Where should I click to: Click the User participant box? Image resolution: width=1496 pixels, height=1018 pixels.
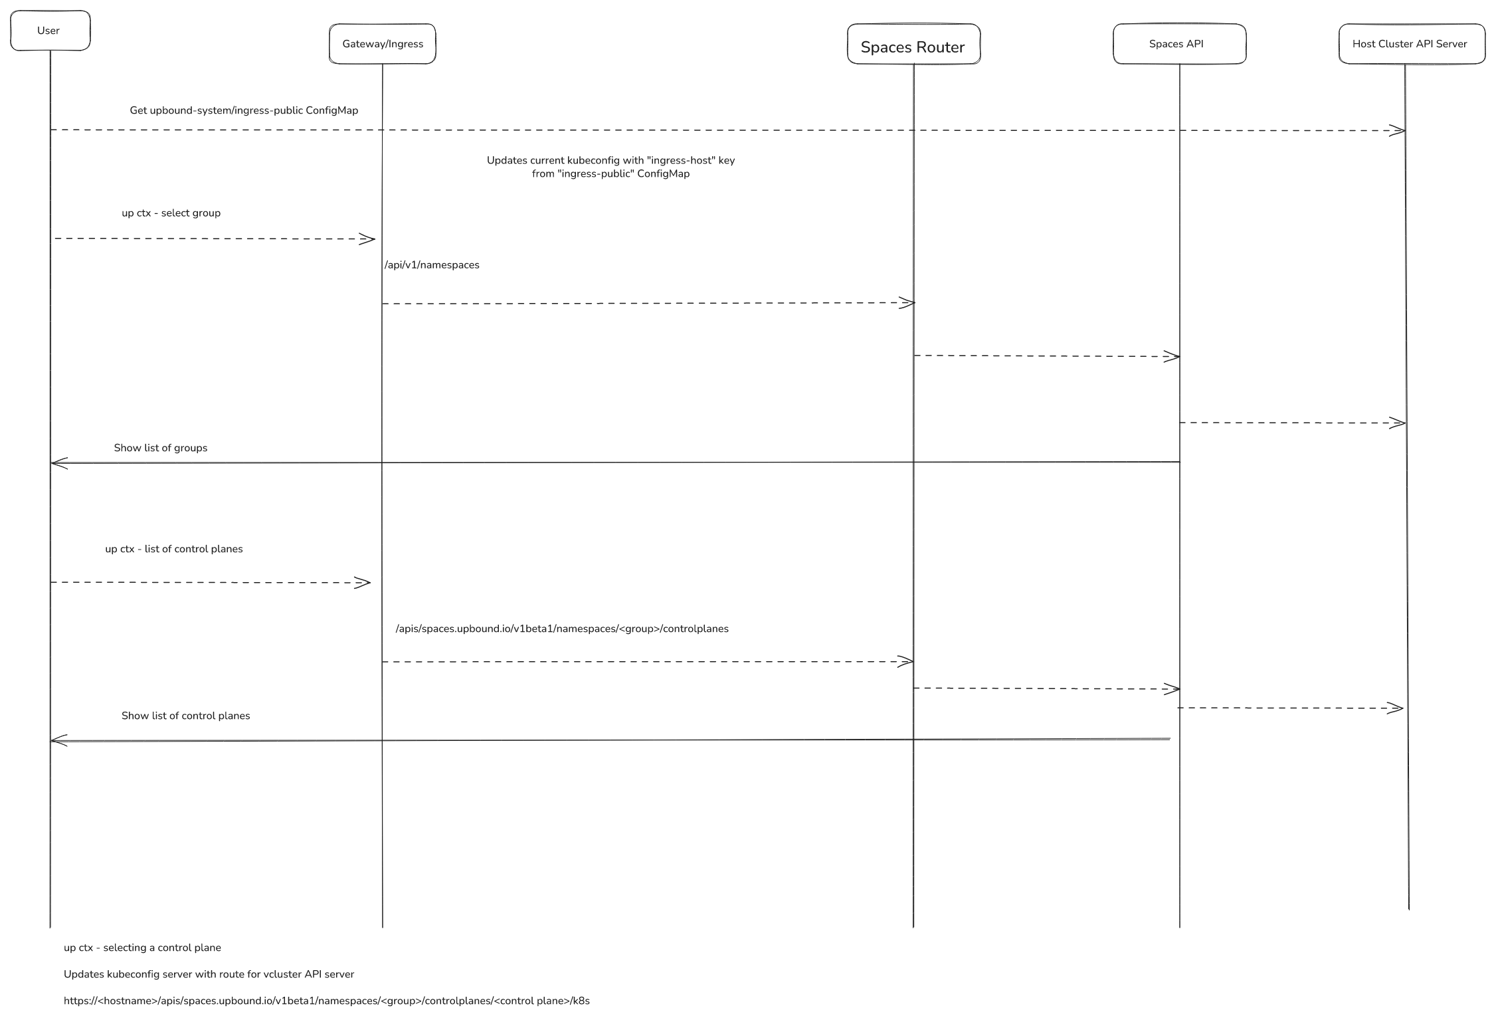pyautogui.click(x=50, y=31)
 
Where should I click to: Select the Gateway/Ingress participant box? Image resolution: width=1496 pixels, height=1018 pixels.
pyautogui.click(x=382, y=44)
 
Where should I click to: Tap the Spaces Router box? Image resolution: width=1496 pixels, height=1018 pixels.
pyautogui.click(x=913, y=45)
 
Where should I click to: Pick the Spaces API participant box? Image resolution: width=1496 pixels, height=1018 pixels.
pyautogui.click(x=1178, y=44)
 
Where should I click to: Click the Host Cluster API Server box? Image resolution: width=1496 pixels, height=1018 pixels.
pyautogui.click(x=1411, y=44)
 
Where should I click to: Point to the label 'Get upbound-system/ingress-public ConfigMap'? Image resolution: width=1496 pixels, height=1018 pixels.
pyautogui.click(x=243, y=110)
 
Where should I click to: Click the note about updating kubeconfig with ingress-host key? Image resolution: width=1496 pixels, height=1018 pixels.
pyautogui.click(x=610, y=167)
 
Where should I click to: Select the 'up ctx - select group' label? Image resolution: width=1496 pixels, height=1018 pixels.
pyautogui.click(x=171, y=213)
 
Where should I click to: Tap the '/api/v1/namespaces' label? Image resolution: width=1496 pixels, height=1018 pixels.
pyautogui.click(x=432, y=265)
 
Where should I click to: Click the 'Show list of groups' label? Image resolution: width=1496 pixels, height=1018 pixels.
pyautogui.click(x=160, y=448)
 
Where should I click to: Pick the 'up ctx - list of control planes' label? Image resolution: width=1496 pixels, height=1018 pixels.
pyautogui.click(x=173, y=549)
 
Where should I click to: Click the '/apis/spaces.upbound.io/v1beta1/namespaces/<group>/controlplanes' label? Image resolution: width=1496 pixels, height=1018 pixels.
pyautogui.click(x=562, y=629)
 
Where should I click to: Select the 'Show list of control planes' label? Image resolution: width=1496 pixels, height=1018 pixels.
pyautogui.click(x=185, y=716)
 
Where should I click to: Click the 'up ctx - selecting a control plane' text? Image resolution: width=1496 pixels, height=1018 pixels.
pyautogui.click(x=142, y=948)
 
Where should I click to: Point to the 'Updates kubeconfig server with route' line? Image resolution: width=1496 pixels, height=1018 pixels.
pyautogui.click(x=209, y=974)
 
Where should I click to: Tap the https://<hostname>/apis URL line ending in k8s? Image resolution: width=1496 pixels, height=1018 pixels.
pyautogui.click(x=326, y=1001)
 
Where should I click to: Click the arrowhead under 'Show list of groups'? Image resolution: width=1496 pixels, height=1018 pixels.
pyautogui.click(x=58, y=463)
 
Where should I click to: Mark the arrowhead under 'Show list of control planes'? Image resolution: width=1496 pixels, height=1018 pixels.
pyautogui.click(x=58, y=740)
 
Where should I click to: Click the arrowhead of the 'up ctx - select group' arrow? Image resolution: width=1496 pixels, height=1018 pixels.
pyautogui.click(x=368, y=239)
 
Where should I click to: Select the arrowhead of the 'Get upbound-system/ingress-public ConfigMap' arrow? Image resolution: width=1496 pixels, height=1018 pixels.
pyautogui.click(x=1398, y=131)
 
